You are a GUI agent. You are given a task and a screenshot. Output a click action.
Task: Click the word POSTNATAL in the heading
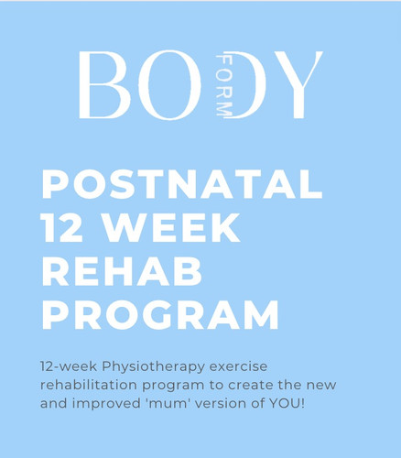point(182,186)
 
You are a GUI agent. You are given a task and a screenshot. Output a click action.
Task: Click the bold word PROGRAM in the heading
point(160,314)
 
